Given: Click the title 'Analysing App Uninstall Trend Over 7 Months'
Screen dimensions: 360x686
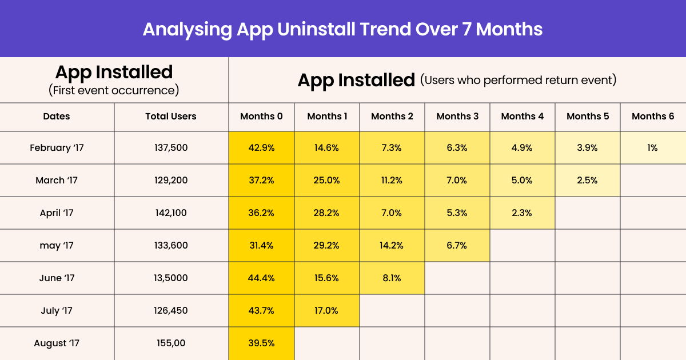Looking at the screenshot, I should [x=342, y=29].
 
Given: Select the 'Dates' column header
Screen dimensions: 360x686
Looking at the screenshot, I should [x=57, y=117].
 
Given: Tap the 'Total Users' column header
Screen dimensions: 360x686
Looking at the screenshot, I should [x=171, y=117].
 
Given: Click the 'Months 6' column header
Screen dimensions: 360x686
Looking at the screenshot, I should [x=653, y=117].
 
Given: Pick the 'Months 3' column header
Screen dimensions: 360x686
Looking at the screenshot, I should [x=457, y=117].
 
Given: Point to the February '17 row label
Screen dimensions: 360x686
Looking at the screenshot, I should [x=57, y=148].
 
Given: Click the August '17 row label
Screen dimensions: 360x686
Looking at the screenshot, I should [x=57, y=343].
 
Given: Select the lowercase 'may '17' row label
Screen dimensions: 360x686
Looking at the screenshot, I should [x=57, y=246].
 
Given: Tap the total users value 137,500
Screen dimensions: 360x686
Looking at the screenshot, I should [x=171, y=148].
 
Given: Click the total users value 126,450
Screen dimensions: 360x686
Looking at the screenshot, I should [x=171, y=311].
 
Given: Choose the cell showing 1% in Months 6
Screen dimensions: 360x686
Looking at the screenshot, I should [x=653, y=148].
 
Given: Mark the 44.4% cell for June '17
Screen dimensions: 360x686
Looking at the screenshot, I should [x=262, y=278].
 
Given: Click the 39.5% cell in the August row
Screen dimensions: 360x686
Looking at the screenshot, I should [x=262, y=343].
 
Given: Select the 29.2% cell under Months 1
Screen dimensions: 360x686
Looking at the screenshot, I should [x=327, y=246].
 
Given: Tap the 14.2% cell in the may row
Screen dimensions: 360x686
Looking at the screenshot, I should [x=392, y=246].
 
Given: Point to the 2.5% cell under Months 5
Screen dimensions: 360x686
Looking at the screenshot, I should [x=588, y=181].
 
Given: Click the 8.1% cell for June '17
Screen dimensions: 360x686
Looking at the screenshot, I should [x=392, y=278].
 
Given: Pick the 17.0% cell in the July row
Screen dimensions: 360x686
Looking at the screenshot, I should [x=327, y=311].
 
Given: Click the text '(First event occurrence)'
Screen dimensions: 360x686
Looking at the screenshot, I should [x=114, y=90].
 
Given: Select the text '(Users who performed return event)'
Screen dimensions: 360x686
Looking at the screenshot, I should [x=518, y=80].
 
